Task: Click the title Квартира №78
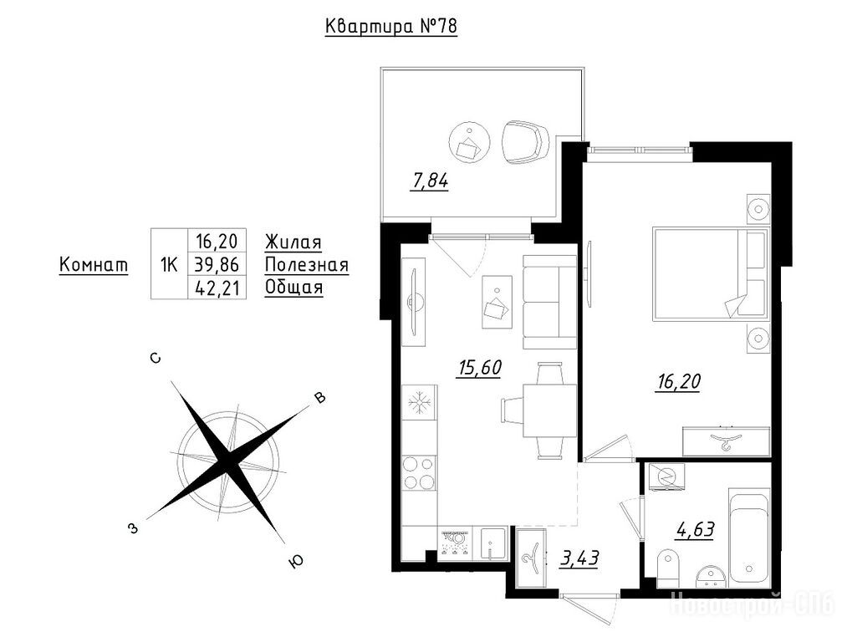391,26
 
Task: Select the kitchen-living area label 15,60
480,368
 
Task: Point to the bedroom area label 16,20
678,382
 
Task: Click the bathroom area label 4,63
695,530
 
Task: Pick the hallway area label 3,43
579,558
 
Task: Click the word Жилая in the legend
293,242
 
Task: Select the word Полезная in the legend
306,265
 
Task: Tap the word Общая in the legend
293,288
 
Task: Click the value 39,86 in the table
216,265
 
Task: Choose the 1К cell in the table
169,265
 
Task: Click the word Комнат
94,265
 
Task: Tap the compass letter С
155,358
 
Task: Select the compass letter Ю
296,562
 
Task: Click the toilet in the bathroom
668,568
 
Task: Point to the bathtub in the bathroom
748,538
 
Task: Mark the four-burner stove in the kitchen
420,473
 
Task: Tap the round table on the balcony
469,141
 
